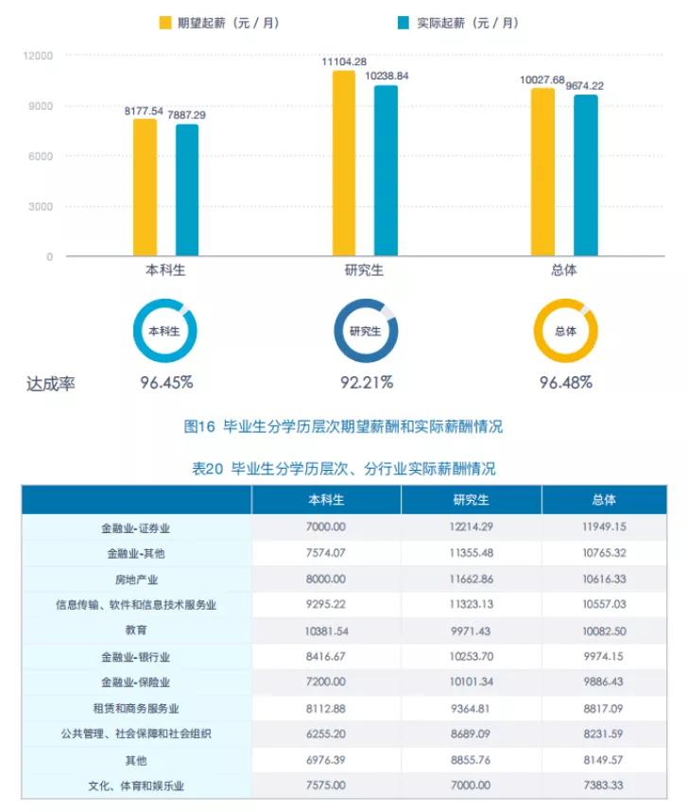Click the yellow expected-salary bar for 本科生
point(145,187)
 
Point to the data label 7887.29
point(187,115)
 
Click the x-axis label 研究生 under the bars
point(364,270)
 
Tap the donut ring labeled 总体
point(565,331)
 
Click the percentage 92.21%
point(367,383)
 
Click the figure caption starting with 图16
point(343,426)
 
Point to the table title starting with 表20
point(343,468)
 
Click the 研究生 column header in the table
point(471,500)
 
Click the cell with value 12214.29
point(471,527)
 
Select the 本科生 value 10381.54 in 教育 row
point(326,631)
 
